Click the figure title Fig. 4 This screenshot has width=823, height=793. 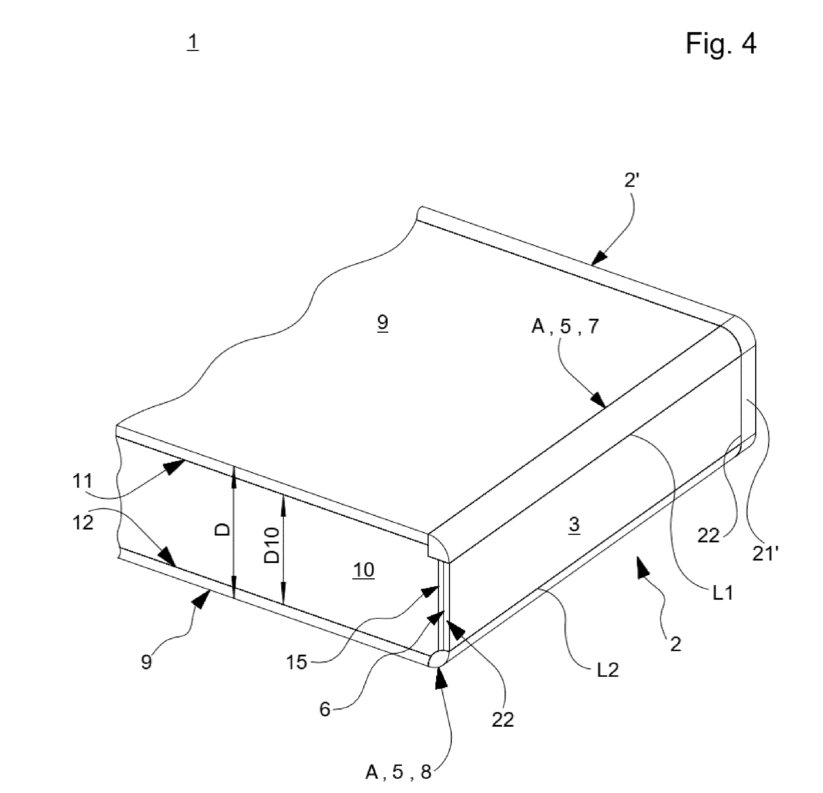point(721,43)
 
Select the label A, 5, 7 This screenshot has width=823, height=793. point(565,326)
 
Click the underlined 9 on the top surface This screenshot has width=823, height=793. point(383,323)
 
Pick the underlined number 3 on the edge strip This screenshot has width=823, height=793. point(574,525)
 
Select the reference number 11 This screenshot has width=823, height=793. point(83,481)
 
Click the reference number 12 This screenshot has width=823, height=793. point(83,523)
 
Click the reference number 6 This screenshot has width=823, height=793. point(324,710)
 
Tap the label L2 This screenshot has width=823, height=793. point(608,670)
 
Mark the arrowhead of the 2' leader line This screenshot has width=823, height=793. point(599,258)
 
